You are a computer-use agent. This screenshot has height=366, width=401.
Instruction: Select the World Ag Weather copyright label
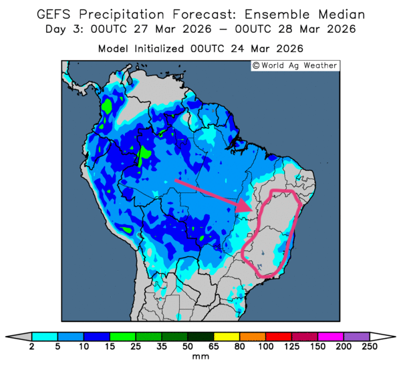(x=295, y=65)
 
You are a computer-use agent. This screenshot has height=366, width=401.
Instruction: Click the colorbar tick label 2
(x=32, y=347)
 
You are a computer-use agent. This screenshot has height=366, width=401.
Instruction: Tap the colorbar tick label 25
(x=136, y=347)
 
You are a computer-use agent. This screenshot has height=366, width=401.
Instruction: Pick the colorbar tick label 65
(x=213, y=347)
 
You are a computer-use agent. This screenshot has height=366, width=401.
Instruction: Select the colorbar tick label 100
(x=265, y=347)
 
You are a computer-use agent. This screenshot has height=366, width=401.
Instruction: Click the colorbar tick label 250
(x=369, y=347)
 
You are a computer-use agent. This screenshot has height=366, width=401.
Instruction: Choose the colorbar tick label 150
(x=317, y=347)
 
